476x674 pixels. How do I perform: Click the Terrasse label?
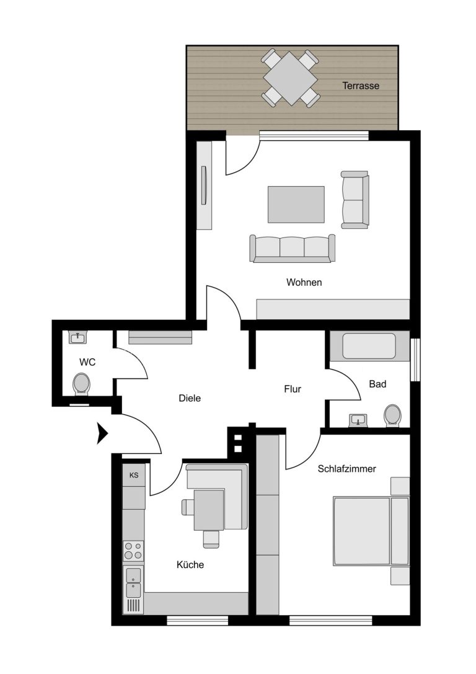pyautogui.click(x=361, y=86)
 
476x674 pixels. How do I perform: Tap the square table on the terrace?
pyautogui.click(x=291, y=78)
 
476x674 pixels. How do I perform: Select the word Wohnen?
pyautogui.click(x=304, y=282)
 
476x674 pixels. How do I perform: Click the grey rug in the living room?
pyautogui.click(x=296, y=205)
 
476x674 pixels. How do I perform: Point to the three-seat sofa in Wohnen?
pyautogui.click(x=292, y=248)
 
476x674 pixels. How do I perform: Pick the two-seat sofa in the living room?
pyautogui.click(x=355, y=200)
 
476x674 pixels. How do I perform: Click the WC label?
pyautogui.click(x=87, y=362)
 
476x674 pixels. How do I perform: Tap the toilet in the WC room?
pyautogui.click(x=81, y=384)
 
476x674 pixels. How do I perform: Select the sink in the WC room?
pyautogui.click(x=77, y=337)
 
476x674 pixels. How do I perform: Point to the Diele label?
pyautogui.click(x=190, y=399)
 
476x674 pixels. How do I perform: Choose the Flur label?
pyautogui.click(x=292, y=389)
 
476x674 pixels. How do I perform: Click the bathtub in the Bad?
pyautogui.click(x=369, y=346)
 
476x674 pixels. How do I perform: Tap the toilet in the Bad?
pyautogui.click(x=392, y=415)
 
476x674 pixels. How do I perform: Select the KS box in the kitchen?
pyautogui.click(x=134, y=476)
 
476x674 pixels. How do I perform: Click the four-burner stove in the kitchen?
pyautogui.click(x=134, y=551)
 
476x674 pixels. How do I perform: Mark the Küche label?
pyautogui.click(x=190, y=564)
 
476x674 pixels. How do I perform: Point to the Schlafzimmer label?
pyautogui.click(x=346, y=469)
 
